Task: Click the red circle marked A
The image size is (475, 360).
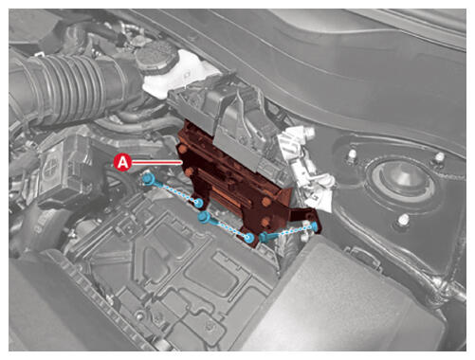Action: (x=123, y=162)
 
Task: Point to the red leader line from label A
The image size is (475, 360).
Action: (x=157, y=162)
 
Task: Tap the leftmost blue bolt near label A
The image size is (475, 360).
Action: (x=148, y=180)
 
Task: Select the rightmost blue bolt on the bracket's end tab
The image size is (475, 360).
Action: (x=315, y=225)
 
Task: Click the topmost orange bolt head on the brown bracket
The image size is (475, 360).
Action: (x=182, y=149)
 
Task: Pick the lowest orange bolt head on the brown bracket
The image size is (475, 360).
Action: (x=265, y=222)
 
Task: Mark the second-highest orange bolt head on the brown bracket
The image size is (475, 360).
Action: (x=190, y=172)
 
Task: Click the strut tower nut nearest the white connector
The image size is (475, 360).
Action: (x=352, y=154)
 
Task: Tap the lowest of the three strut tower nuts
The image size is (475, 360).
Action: (x=403, y=219)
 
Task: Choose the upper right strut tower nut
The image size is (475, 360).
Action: (x=439, y=157)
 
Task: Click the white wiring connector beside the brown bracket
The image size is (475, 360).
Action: (x=305, y=168)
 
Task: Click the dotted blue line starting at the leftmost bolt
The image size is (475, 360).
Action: (x=174, y=191)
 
